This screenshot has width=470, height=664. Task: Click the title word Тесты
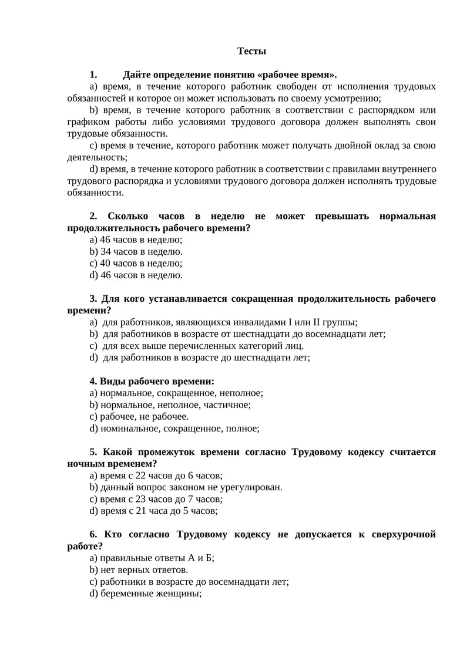251,51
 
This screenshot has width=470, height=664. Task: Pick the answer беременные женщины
151,593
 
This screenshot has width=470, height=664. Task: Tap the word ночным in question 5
83,463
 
